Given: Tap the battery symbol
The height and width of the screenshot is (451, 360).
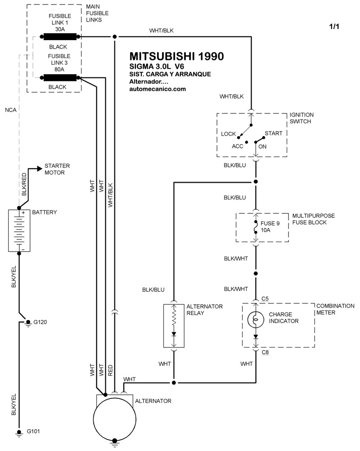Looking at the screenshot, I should [x=19, y=230].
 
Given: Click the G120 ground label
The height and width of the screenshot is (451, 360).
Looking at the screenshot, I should [x=40, y=322].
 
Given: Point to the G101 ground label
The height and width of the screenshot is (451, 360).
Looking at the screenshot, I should [x=32, y=432].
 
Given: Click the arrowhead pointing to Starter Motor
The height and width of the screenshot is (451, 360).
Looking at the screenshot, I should [x=40, y=169].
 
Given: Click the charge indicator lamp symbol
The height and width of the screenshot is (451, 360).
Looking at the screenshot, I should [x=255, y=319].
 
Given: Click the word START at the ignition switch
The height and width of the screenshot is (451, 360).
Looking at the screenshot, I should [x=273, y=134].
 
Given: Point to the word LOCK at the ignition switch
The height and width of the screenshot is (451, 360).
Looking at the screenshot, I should [x=229, y=134].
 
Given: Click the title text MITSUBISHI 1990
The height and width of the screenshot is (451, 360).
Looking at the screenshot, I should [x=176, y=56].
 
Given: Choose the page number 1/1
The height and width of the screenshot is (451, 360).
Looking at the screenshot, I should [x=334, y=27].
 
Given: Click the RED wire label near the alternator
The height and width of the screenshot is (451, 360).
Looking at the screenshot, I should [x=110, y=370].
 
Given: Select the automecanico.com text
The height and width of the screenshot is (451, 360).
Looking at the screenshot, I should [x=157, y=89].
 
